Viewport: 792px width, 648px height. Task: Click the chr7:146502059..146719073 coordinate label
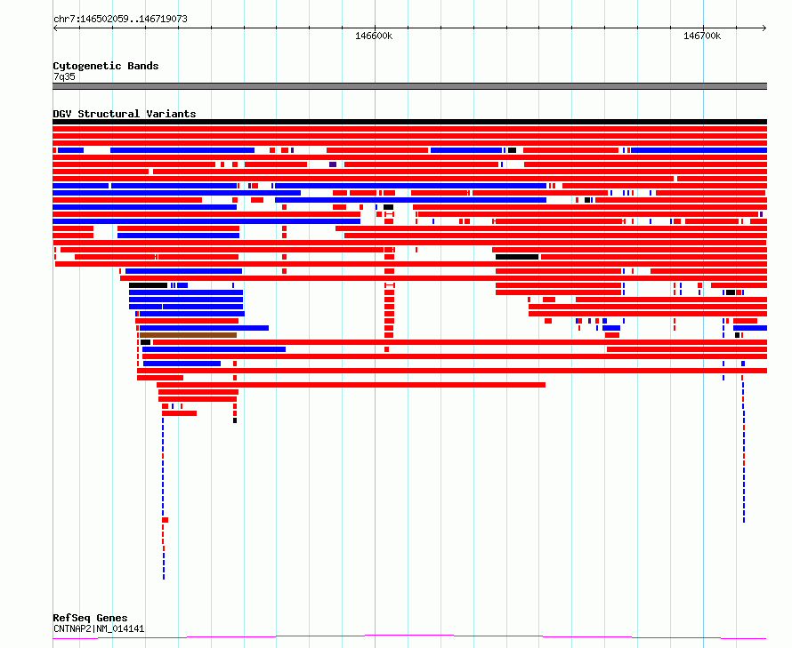point(120,19)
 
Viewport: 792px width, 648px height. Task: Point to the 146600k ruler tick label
point(374,36)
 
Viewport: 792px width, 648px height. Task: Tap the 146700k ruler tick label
point(702,36)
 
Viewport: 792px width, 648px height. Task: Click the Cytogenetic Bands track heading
point(106,66)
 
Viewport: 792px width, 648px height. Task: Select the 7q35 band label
point(64,76)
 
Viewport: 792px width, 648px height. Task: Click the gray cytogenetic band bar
point(409,86)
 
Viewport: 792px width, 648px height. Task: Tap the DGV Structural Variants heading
point(125,114)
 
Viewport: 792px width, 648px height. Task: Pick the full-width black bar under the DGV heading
point(409,122)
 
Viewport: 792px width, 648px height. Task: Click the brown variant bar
point(188,335)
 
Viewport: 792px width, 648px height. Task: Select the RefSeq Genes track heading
point(90,618)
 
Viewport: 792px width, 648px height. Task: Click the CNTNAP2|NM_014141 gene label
point(99,628)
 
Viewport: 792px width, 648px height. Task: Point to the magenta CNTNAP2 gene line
point(409,635)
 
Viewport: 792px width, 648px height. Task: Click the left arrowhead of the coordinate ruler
point(55,28)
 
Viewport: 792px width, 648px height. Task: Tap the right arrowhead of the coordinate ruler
point(764,28)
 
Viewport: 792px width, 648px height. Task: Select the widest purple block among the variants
point(332,164)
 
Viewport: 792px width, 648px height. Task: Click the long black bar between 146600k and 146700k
point(517,257)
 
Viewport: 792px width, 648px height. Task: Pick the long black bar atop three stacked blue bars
point(148,285)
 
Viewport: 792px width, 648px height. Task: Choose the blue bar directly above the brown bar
point(204,328)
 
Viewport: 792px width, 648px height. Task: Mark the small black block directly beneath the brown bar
point(145,342)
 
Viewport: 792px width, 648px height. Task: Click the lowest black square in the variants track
point(235,420)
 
